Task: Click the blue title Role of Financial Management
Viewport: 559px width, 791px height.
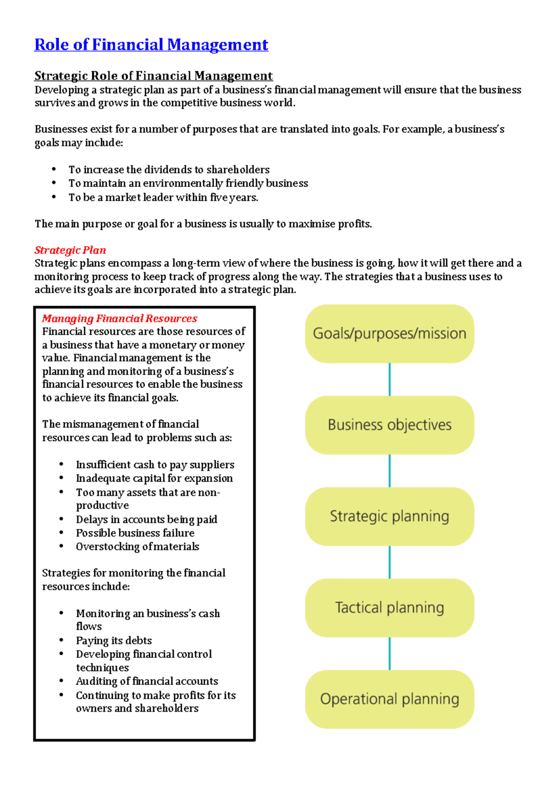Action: click(x=151, y=45)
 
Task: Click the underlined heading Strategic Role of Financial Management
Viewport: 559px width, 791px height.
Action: click(x=153, y=76)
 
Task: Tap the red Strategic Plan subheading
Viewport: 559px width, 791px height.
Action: click(x=70, y=250)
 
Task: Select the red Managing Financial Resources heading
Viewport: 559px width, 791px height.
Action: click(x=120, y=319)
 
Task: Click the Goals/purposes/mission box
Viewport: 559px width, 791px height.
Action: click(x=389, y=334)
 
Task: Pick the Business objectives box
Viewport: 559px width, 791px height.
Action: click(x=389, y=425)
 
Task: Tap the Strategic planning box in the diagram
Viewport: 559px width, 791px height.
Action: click(x=389, y=516)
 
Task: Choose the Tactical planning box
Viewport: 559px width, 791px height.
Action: click(x=389, y=607)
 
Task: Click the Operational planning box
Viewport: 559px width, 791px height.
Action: click(x=389, y=699)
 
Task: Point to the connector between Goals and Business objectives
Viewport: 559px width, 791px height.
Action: click(x=389, y=380)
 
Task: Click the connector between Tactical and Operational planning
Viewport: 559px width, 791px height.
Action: click(x=389, y=654)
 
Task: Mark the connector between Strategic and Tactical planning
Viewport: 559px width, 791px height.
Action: click(x=389, y=562)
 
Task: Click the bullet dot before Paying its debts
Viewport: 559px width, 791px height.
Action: click(x=61, y=640)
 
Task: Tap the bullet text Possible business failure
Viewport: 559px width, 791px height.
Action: click(x=135, y=533)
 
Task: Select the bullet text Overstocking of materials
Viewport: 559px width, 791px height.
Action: click(x=137, y=546)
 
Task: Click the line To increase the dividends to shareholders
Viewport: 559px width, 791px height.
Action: click(x=169, y=170)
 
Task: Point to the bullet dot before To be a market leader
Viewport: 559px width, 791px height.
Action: click(x=54, y=197)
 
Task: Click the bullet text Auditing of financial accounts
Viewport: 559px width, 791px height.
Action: click(x=147, y=681)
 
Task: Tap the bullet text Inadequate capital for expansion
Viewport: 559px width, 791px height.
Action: click(x=154, y=478)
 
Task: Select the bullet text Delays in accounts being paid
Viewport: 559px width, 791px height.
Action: click(x=146, y=519)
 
